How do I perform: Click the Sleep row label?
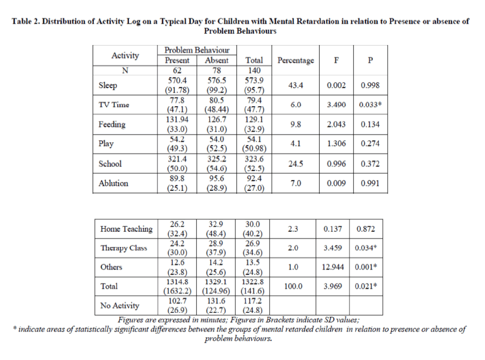108,85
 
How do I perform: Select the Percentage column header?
296,60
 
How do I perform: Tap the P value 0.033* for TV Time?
370,105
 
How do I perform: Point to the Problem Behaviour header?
197,50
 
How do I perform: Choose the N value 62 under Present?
177,71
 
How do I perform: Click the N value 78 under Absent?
217,71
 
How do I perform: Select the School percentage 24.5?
296,164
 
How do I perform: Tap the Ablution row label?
113,184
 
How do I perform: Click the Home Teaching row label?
126,229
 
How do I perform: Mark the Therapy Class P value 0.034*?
366,248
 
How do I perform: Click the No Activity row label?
120,306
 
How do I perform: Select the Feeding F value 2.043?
336,125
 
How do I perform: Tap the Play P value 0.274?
370,144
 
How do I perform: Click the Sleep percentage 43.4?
296,85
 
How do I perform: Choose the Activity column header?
125,55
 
